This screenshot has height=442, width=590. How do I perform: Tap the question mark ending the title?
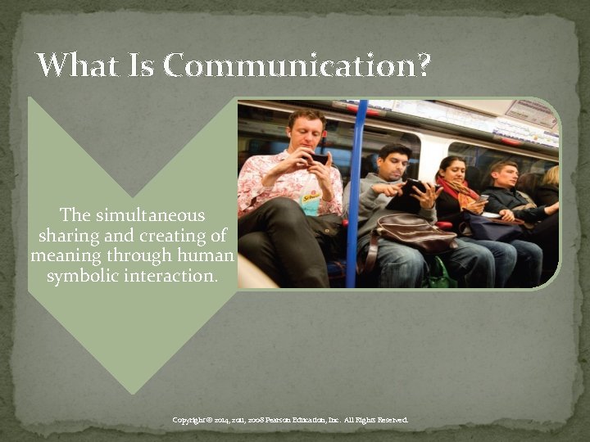click(x=422, y=66)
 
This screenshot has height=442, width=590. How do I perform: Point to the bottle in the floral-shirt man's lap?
click(x=311, y=201)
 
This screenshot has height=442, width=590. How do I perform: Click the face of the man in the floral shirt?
click(x=307, y=131)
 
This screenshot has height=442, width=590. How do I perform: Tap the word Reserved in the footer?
click(x=390, y=421)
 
